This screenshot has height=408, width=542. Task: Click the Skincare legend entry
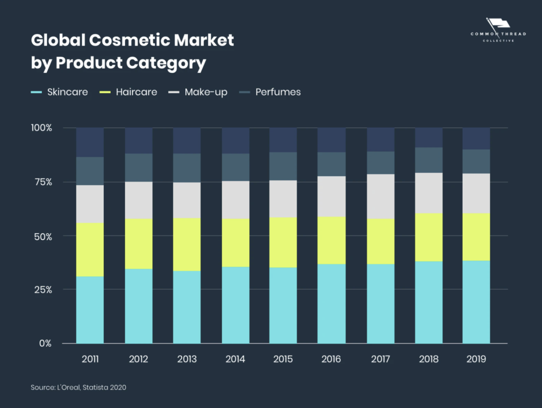[x=59, y=92]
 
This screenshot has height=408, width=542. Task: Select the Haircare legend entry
[x=128, y=92]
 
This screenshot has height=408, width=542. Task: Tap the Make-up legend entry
[x=198, y=92]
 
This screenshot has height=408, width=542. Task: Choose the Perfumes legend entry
[x=270, y=92]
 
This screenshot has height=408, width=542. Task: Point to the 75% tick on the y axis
[x=43, y=182]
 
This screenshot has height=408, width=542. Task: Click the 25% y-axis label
[x=43, y=289]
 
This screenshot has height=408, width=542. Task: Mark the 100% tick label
[x=41, y=128]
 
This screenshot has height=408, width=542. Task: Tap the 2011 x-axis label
[x=90, y=359]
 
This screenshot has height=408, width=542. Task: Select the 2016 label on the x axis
[x=331, y=359]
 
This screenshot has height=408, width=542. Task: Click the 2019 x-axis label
[x=476, y=359]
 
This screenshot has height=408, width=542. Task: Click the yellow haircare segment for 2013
[x=187, y=244]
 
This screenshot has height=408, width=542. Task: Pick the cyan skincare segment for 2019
[x=476, y=302]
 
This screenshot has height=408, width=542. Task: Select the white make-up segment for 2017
[x=381, y=196]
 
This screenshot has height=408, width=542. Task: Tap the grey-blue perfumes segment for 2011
[x=90, y=171]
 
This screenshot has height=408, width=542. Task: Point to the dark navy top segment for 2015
[x=283, y=140]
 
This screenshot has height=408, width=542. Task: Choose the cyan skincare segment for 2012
[x=139, y=306]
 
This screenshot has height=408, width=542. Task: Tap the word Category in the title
[x=166, y=64]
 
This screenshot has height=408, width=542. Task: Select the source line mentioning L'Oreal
[x=78, y=387]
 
